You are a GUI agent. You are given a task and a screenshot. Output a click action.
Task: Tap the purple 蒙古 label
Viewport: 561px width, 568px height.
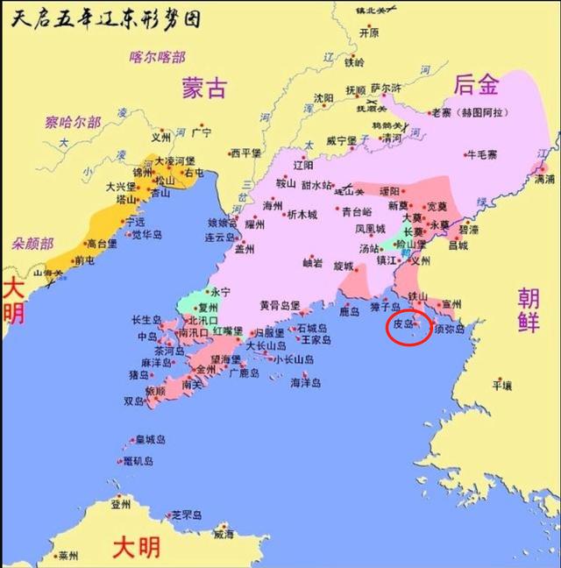(x=204, y=88)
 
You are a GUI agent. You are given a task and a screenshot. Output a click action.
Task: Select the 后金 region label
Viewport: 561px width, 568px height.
(x=476, y=85)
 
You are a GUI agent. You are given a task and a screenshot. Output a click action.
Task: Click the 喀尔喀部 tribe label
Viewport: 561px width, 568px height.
(x=158, y=58)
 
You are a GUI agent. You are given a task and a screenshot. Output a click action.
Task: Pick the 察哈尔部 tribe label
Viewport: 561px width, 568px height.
(x=75, y=122)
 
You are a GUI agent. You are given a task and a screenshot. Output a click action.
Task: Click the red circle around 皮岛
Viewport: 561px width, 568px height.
(x=408, y=325)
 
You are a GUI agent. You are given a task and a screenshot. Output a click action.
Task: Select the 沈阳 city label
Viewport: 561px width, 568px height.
(x=323, y=98)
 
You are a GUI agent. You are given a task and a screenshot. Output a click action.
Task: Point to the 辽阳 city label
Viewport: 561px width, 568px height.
(x=302, y=165)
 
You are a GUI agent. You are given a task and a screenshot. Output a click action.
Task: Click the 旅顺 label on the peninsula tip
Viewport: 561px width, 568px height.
(x=154, y=391)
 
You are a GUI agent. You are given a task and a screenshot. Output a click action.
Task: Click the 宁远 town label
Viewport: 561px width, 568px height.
(x=135, y=222)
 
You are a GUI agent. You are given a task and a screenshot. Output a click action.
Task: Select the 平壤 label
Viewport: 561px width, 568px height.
(x=501, y=384)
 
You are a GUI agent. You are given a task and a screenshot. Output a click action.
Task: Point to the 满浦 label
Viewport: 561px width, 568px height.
(x=544, y=178)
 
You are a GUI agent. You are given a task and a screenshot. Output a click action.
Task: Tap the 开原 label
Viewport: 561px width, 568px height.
(x=369, y=32)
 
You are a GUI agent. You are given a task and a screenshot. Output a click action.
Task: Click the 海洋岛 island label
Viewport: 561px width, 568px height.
(x=306, y=382)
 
